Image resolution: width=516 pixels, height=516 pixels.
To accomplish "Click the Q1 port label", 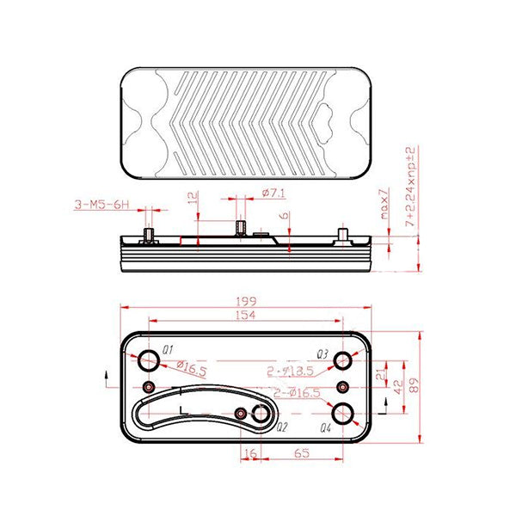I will [168, 350].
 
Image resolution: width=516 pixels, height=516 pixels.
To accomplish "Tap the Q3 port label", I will [322, 353].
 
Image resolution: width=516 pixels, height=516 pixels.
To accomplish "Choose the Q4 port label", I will [325, 427].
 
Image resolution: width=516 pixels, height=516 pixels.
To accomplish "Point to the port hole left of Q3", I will [345, 359].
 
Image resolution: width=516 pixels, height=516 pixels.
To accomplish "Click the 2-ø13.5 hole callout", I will [290, 372].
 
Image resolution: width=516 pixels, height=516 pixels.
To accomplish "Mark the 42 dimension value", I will [397, 388].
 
